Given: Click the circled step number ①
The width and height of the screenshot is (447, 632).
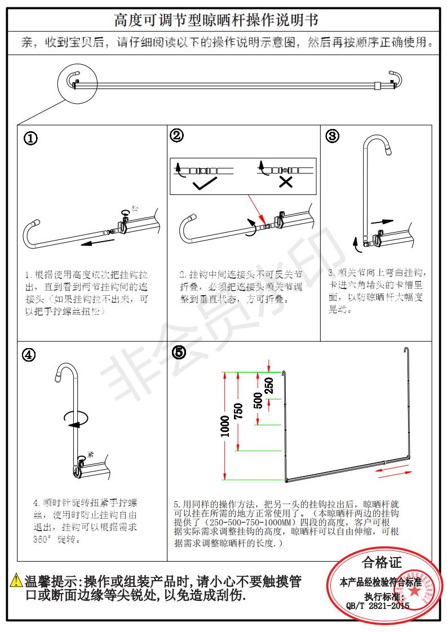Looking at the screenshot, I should (30, 139).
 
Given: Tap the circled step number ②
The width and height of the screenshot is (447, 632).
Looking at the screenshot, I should (177, 135).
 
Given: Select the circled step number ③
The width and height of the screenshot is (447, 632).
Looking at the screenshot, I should (333, 136).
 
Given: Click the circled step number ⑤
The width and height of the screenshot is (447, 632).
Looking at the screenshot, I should (179, 352).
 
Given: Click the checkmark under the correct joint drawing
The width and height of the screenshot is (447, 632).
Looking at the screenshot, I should (205, 184).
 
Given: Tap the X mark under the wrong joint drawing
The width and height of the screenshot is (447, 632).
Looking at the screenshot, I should (286, 182).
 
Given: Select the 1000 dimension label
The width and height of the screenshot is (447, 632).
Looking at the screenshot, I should (225, 426).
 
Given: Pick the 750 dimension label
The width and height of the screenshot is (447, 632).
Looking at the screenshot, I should (239, 411).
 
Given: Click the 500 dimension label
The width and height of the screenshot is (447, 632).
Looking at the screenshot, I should (258, 399).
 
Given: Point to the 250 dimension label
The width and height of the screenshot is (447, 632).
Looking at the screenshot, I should (269, 385).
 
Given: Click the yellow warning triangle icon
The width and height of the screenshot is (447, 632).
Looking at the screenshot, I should (16, 580).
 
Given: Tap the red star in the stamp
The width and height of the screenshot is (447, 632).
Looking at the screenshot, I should (414, 592).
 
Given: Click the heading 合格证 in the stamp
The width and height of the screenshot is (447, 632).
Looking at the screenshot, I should (382, 562).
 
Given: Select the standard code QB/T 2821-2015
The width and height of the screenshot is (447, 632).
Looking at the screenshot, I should (378, 606).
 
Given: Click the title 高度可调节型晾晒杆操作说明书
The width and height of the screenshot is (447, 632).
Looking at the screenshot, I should (216, 21).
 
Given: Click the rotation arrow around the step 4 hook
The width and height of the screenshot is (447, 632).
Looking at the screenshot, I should (77, 417).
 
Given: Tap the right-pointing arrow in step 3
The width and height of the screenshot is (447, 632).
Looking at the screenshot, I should (383, 222).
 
